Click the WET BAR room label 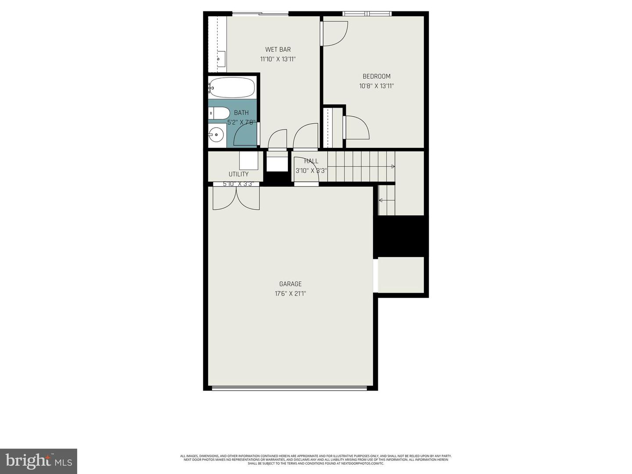coord(278,50)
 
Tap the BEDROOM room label coord(377,76)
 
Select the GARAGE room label coord(291,284)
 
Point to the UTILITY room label coord(238,174)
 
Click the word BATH coord(241,113)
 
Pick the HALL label coord(311,161)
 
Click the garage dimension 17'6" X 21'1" coord(291,294)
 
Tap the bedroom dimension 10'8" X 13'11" coord(377,86)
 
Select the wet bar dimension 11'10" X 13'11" coord(278,59)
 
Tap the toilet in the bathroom coord(219,113)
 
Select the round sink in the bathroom coord(216,135)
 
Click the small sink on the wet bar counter coord(221,58)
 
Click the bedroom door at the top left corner coord(334,33)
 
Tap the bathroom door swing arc coord(244,136)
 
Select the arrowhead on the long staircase coord(393,166)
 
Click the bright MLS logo coord(39,461)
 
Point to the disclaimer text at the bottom coord(316,460)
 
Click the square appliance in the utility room coord(249,160)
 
